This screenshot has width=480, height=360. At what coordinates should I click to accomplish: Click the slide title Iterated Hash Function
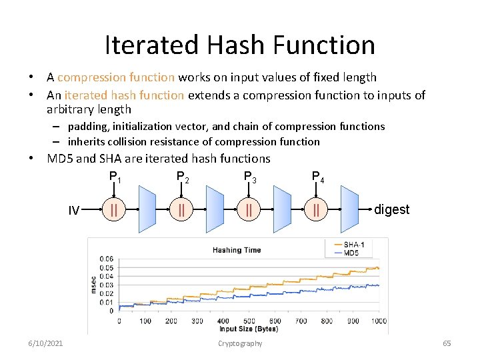240,45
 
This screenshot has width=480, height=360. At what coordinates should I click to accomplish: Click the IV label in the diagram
74,211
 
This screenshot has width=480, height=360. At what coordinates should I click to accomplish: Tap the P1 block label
115,177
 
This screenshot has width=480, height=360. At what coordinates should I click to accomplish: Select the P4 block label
318,177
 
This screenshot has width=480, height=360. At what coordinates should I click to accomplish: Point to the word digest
391,209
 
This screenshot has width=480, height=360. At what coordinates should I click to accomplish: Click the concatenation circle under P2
181,210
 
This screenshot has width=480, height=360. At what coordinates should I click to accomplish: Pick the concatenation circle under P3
249,210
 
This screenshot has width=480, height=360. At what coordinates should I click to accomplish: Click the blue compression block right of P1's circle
147,209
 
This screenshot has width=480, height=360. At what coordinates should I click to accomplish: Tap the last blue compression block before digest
349,209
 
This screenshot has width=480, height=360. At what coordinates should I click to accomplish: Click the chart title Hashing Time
237,250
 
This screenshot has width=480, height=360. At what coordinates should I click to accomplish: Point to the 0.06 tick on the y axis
107,259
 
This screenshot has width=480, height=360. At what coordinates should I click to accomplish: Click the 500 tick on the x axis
249,321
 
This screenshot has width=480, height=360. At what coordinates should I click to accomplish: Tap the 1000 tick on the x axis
378,321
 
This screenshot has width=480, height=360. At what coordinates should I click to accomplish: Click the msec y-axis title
93,285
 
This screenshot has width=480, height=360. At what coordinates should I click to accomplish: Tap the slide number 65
447,343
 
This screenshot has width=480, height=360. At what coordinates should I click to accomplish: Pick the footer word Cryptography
240,343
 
